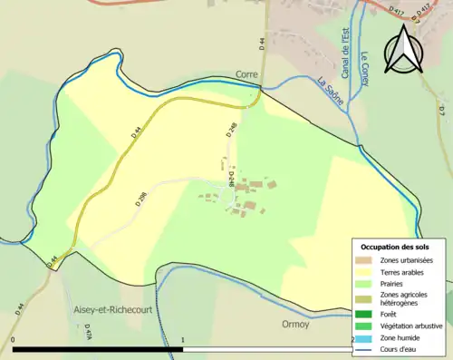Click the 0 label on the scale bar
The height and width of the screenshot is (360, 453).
[14, 340]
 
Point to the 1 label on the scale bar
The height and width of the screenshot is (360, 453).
[184, 340]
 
